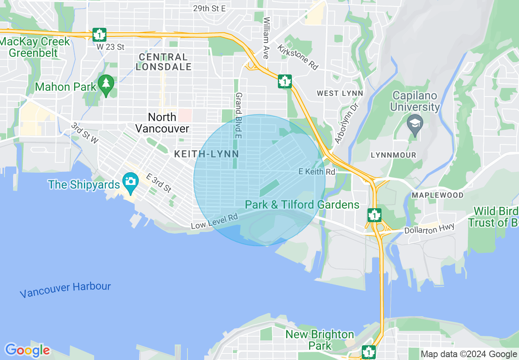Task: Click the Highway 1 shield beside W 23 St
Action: click(99, 35)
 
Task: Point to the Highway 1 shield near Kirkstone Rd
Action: click(284, 81)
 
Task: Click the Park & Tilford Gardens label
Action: click(302, 205)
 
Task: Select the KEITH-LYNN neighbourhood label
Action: click(206, 154)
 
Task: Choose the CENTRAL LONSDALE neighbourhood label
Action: click(164, 62)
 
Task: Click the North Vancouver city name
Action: click(162, 123)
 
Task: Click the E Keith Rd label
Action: click(317, 172)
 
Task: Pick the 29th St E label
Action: click(210, 8)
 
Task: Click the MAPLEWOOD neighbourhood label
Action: click(438, 195)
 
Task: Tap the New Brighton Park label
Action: click(319, 340)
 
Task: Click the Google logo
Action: click(27, 350)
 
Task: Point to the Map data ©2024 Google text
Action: click(469, 354)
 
